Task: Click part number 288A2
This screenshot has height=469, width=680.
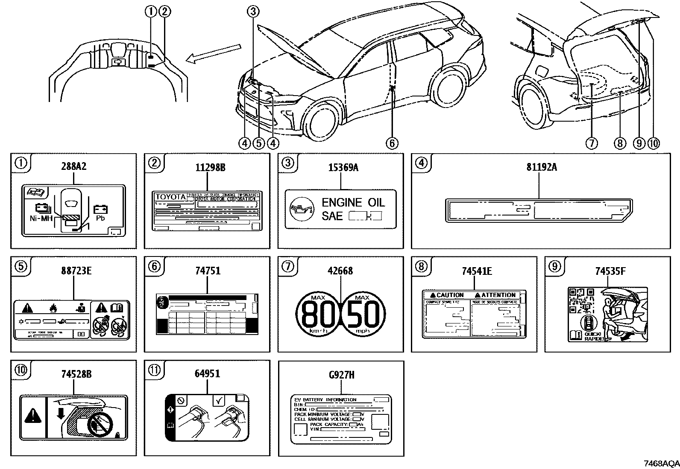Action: click(x=74, y=166)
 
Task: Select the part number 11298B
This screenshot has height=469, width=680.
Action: click(x=208, y=167)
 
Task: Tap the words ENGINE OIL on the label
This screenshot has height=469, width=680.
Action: click(x=353, y=202)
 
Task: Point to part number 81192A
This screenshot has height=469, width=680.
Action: click(x=541, y=167)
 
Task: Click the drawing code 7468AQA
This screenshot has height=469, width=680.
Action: click(x=662, y=463)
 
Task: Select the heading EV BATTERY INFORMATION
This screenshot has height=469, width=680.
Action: click(x=325, y=400)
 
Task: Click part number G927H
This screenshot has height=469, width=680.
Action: click(x=341, y=375)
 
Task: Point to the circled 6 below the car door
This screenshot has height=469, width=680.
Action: click(x=392, y=143)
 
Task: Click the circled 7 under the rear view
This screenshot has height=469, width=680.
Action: click(x=592, y=143)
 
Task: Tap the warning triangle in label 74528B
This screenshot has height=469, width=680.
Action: click(x=32, y=415)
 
